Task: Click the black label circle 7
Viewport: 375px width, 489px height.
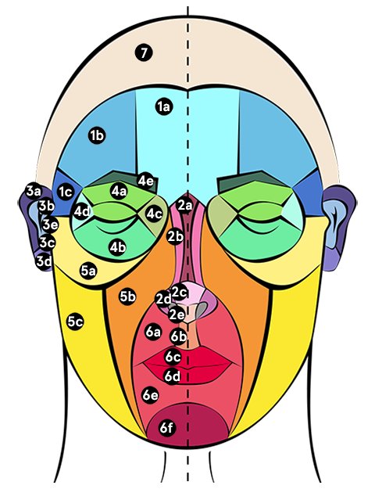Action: [x=144, y=52]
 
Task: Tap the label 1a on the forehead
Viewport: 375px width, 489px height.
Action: [x=164, y=106]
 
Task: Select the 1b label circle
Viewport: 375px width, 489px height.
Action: [x=97, y=135]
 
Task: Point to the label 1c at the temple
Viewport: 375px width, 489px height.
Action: [x=66, y=192]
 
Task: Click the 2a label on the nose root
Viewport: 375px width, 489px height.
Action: [x=184, y=206]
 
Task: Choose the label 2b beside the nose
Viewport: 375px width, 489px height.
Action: [x=175, y=236]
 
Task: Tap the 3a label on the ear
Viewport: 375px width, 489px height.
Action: [x=34, y=191]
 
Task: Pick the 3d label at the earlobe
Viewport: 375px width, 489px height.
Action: [x=44, y=261]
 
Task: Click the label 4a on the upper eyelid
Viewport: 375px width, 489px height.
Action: [x=119, y=191]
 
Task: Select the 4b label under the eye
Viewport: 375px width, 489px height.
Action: [x=117, y=247]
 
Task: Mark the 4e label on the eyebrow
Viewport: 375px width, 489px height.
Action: [x=145, y=181]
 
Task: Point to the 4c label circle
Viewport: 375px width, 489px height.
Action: [x=154, y=214]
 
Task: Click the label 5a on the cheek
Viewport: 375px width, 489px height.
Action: [x=88, y=271]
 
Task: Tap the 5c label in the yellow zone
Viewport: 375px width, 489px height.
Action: [x=75, y=322]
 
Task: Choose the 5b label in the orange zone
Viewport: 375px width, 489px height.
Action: [x=127, y=297]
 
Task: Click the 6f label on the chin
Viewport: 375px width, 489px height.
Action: [x=166, y=427]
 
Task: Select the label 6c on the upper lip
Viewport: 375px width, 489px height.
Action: [x=173, y=357]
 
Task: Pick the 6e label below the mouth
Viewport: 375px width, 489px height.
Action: [x=150, y=395]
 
